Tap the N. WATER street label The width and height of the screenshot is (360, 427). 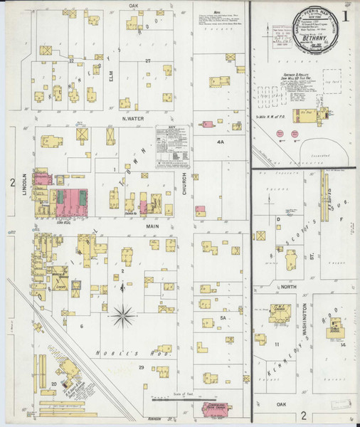pos(133,119)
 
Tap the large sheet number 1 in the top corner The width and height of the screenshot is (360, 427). pos(344,15)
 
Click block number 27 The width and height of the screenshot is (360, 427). pos(149,61)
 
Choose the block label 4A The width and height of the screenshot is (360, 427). pos(221,142)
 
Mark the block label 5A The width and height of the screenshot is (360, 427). pos(223,318)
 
